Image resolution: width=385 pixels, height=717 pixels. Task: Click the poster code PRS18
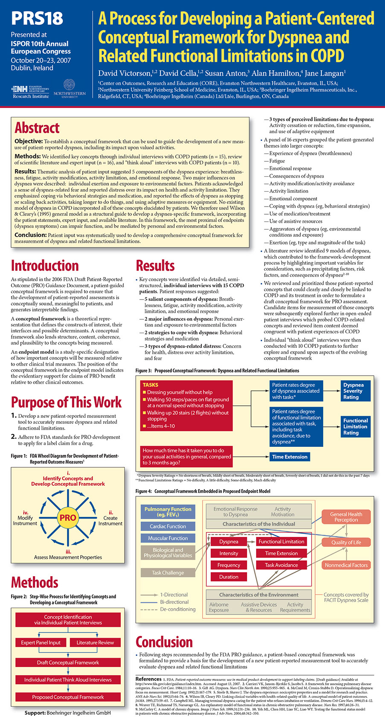pos(37,18)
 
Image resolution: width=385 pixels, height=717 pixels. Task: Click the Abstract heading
pos(37,128)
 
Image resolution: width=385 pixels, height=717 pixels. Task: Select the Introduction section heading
pos(45,265)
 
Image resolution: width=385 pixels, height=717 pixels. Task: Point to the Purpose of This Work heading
pos(66,402)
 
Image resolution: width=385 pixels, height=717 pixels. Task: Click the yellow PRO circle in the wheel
pos(68,518)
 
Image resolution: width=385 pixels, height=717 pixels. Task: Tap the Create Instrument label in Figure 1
pos(110,518)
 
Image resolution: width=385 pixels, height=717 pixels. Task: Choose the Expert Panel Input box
pos(41,642)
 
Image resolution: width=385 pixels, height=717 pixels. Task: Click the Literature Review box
pos(95,642)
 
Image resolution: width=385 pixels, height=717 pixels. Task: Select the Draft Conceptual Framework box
pos(68,662)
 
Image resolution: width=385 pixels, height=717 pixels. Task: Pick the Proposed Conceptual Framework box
pos(68,697)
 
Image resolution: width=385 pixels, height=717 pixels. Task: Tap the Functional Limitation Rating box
pos(355,426)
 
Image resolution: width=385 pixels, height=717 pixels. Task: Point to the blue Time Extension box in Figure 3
pos(290,457)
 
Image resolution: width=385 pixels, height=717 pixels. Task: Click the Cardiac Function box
pos(168,526)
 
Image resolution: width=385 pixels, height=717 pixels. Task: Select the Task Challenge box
pos(168,573)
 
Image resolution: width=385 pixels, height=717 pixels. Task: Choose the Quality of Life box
pos(346,542)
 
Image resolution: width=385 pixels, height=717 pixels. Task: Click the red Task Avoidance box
pos(281,565)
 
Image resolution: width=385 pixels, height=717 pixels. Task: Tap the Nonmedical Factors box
pos(346,565)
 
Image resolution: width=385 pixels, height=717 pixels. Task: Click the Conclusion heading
pos(164,641)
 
